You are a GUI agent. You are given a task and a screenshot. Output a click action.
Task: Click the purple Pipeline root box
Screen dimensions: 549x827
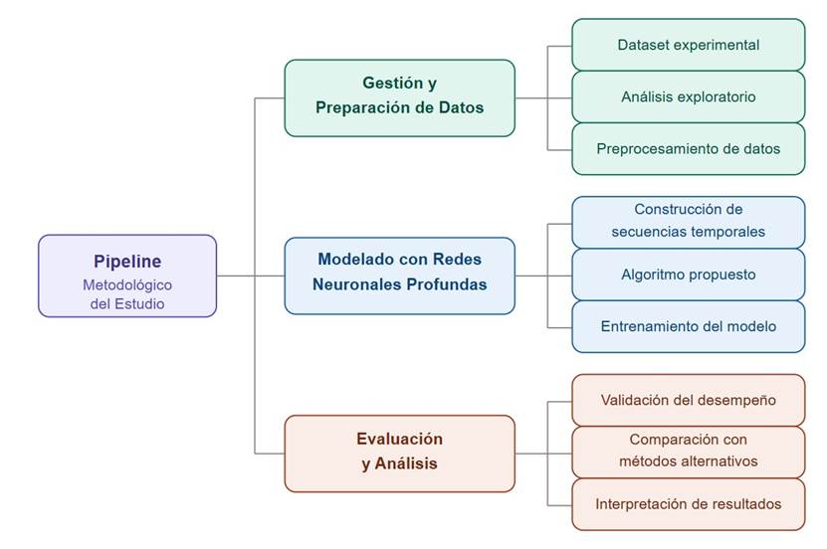click(x=127, y=275)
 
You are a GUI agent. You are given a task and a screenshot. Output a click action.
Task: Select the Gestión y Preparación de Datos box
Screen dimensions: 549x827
click(x=399, y=97)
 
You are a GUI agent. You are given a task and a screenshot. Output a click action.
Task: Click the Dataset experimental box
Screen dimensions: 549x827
click(x=688, y=45)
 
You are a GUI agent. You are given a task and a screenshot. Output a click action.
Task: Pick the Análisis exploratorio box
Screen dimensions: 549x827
click(x=688, y=96)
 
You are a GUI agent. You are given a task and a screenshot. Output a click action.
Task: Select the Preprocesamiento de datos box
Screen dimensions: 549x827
click(x=688, y=148)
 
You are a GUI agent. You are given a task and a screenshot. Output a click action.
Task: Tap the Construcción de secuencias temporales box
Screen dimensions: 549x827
click(x=688, y=222)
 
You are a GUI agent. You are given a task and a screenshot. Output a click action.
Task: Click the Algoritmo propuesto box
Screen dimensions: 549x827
click(x=688, y=274)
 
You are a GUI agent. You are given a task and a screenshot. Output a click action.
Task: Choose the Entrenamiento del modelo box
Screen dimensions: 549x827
click(x=688, y=326)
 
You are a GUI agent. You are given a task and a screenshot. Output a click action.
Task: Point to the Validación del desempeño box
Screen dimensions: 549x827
click(x=688, y=400)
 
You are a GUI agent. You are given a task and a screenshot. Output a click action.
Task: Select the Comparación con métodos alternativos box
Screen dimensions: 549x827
click(x=688, y=452)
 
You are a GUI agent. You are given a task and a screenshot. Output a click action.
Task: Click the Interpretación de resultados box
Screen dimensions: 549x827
click(x=688, y=503)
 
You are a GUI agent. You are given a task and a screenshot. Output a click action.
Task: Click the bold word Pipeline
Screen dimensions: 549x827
click(x=127, y=263)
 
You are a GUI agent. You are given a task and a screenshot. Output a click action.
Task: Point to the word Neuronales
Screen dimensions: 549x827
click(x=353, y=284)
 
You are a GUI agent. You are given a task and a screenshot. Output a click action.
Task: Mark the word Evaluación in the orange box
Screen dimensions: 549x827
click(x=399, y=439)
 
